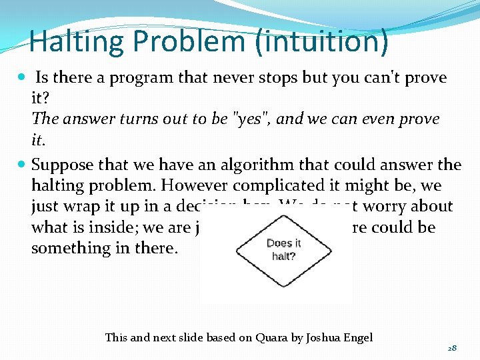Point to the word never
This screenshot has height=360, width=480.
pos(232,78)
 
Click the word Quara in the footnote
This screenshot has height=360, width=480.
pos(273,337)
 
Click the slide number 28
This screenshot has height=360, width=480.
pos(451,348)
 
